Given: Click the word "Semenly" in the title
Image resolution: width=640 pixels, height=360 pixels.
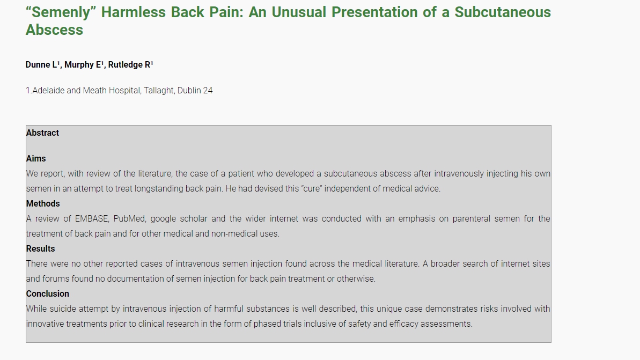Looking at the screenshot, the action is tap(61, 13).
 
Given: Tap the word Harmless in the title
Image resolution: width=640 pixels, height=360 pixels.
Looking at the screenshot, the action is tap(134, 12).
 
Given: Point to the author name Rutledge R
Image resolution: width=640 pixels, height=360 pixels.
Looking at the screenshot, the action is tap(130, 64).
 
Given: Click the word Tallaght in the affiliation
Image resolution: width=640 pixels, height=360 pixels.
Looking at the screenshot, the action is tap(159, 90).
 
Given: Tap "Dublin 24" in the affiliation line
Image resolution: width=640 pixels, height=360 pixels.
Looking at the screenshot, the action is tap(195, 90).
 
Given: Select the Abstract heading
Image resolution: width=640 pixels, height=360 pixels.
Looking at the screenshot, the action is tap(42, 133).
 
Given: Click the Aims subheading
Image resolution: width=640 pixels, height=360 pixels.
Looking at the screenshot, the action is tap(36, 158).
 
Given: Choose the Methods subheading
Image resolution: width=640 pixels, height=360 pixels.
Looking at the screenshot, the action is tap(43, 203).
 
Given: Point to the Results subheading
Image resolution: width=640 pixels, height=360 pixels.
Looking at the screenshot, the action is tap(40, 248).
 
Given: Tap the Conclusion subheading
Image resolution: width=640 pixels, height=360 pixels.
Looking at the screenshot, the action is tap(48, 293).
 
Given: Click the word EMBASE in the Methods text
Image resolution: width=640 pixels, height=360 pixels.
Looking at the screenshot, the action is tap(92, 219).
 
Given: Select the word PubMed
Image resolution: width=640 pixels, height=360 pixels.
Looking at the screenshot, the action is tap(129, 219).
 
